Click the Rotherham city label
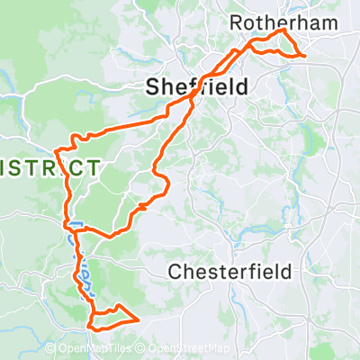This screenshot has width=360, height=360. pos(269,21)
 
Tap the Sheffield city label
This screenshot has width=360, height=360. pos(186,86)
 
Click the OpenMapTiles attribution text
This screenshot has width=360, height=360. pos(107,348)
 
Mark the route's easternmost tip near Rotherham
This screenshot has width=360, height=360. pos(306,56)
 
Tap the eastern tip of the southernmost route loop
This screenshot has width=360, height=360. pos(138,319)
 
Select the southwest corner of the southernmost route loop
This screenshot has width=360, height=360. pos(91,325)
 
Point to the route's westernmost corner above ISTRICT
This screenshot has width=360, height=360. pos(57,149)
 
